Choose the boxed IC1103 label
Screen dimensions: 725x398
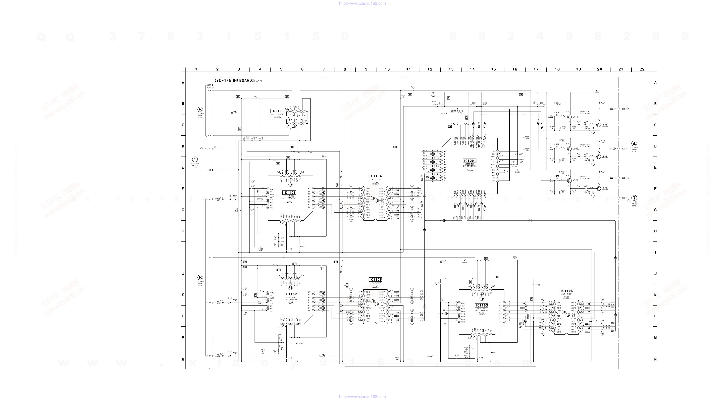pos(482,305)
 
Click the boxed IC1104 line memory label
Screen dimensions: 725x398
pos(375,176)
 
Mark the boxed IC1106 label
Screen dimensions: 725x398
pos(566,291)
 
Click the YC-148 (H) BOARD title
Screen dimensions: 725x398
pos(234,80)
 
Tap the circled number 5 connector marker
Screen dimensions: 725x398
pos(200,110)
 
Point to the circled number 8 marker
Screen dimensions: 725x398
pos(200,278)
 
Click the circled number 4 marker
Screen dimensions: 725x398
pos(634,143)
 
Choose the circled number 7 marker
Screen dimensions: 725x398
pos(634,198)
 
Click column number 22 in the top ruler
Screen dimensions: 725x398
pos(642,69)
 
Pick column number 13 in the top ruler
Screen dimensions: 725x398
pos(451,69)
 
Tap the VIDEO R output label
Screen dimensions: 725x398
pos(623,109)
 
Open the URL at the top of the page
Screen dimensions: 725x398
pos(362,3)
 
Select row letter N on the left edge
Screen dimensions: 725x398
pos(183,359)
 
